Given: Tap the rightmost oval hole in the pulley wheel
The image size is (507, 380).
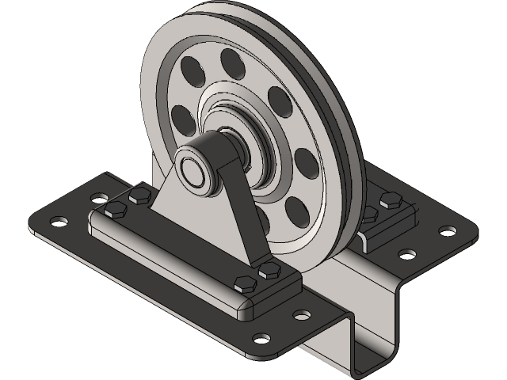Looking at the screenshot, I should [306, 165].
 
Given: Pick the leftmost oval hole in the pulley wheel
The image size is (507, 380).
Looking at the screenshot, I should [181, 119].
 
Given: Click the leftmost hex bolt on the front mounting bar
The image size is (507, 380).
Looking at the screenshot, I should [115, 209].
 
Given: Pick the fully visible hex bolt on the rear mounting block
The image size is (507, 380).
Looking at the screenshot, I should [391, 199].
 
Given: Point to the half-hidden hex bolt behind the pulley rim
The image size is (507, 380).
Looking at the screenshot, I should [368, 213].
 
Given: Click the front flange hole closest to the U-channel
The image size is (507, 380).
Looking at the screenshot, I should [302, 315].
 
